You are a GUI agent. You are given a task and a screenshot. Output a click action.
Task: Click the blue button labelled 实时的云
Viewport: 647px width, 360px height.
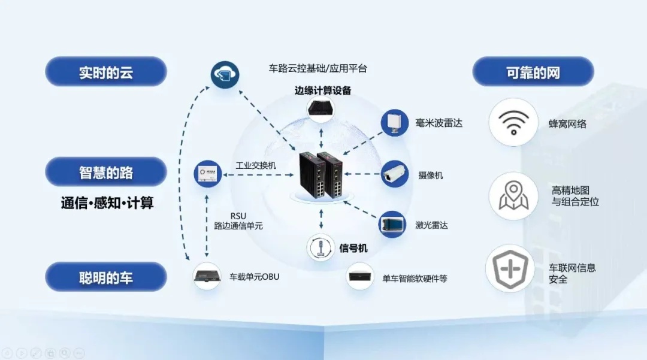tap(106, 72)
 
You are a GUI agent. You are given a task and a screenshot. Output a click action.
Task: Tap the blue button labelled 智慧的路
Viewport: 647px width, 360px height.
tap(106, 173)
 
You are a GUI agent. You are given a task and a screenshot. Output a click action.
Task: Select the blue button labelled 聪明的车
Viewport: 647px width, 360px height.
tap(106, 278)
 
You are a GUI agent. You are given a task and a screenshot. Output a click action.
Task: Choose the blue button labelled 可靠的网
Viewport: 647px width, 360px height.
tap(533, 72)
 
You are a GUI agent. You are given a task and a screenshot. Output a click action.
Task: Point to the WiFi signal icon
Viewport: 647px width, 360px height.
tap(513, 123)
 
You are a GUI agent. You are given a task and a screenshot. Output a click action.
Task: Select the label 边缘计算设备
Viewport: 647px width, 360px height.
tap(323, 91)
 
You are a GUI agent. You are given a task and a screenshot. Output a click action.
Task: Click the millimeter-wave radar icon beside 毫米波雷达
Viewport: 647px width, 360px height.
tap(395, 123)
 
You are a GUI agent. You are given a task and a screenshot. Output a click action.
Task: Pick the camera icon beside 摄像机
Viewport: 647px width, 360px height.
tap(395, 174)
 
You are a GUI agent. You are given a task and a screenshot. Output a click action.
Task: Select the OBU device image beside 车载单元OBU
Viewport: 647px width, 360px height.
tap(207, 276)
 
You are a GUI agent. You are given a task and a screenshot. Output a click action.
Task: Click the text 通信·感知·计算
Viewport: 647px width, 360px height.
tap(107, 203)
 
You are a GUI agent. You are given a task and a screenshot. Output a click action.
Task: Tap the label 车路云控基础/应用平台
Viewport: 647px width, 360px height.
tap(318, 68)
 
